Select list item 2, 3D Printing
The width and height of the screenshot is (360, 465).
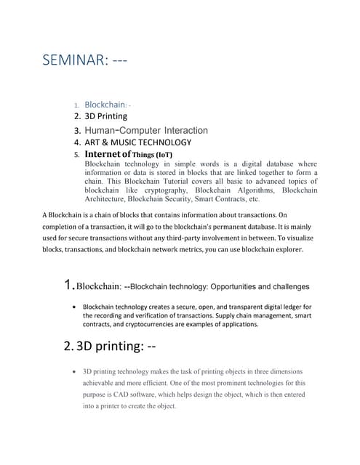[105, 116]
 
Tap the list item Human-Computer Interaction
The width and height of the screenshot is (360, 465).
[146, 130]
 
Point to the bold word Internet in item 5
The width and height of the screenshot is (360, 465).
[107, 155]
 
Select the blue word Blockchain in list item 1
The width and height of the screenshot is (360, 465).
[105, 105]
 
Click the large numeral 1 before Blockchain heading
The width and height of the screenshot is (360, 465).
[69, 286]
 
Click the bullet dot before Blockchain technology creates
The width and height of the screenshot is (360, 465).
[76, 307]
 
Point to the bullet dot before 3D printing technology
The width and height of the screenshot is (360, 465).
[76, 371]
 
